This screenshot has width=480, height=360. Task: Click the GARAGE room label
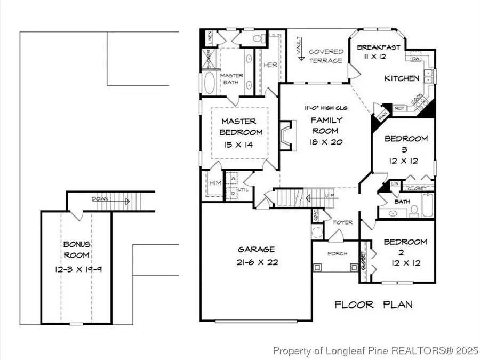click(x=257, y=249)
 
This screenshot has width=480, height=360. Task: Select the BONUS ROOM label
click(x=76, y=249)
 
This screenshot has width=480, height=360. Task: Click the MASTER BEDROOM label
click(x=239, y=127)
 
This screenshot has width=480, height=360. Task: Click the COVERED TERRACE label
click(x=326, y=56)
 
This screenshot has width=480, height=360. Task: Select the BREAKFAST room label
click(x=378, y=47)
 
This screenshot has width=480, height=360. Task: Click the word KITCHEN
click(x=402, y=78)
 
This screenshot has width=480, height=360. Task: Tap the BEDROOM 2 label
click(x=405, y=247)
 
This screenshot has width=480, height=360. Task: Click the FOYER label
click(x=342, y=222)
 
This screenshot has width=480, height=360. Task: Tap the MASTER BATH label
click(x=232, y=79)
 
